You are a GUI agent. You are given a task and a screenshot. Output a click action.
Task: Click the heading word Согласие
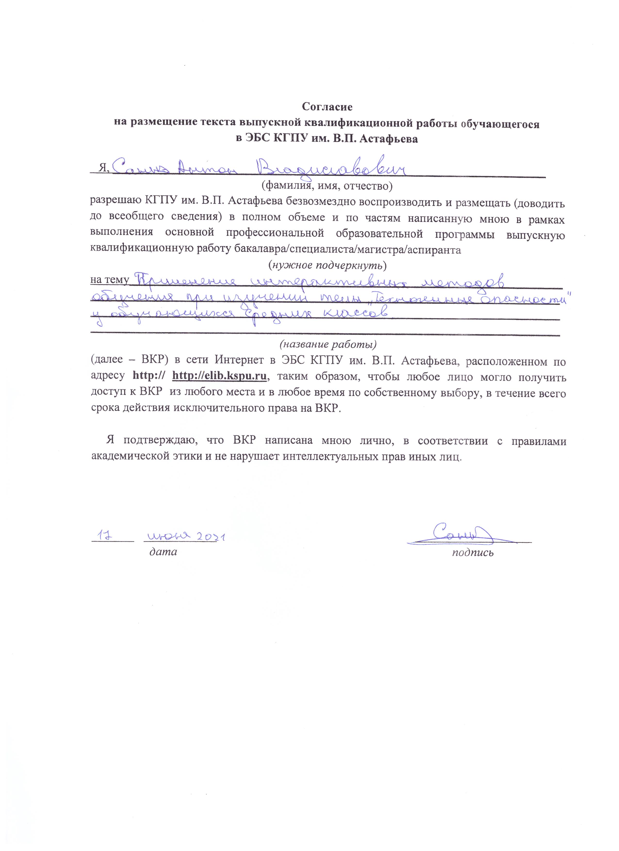327,107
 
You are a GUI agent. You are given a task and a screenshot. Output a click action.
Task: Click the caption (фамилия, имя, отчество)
326,185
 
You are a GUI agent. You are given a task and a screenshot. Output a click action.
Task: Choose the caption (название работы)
327,344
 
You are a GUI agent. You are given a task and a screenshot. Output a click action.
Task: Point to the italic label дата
163,552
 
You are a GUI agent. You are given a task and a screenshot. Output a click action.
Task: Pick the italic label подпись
472,552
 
